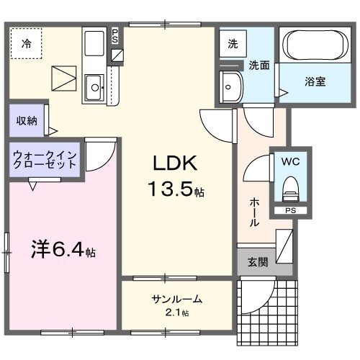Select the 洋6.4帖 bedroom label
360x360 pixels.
coord(63,252)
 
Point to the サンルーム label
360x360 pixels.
coord(176,300)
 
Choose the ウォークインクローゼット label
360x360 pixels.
coord(45,159)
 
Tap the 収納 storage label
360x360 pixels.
coord(27,120)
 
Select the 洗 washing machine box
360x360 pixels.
coord(233,43)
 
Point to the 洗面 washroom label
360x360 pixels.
coord(259,64)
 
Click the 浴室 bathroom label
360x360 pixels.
coord(314,81)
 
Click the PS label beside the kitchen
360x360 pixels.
coord(116,36)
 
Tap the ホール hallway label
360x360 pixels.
coord(254,212)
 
